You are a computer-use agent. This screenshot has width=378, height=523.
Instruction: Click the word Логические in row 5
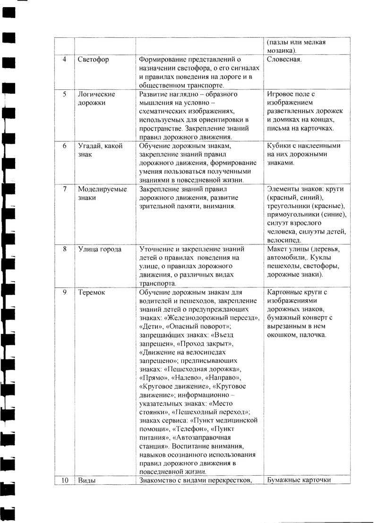(x=96, y=94)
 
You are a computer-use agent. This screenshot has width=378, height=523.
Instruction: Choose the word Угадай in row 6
(x=89, y=146)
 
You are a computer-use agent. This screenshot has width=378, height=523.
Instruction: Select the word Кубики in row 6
(x=280, y=146)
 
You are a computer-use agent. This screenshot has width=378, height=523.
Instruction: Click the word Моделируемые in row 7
(x=102, y=189)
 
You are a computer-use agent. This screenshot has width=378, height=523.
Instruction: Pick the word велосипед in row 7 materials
(x=283, y=240)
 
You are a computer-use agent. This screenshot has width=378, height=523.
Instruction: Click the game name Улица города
(x=100, y=249)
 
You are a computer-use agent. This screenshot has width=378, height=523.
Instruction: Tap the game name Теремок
(x=91, y=292)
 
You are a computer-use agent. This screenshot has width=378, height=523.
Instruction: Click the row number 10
(x=65, y=480)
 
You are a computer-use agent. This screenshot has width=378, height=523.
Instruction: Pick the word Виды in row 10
(x=86, y=480)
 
